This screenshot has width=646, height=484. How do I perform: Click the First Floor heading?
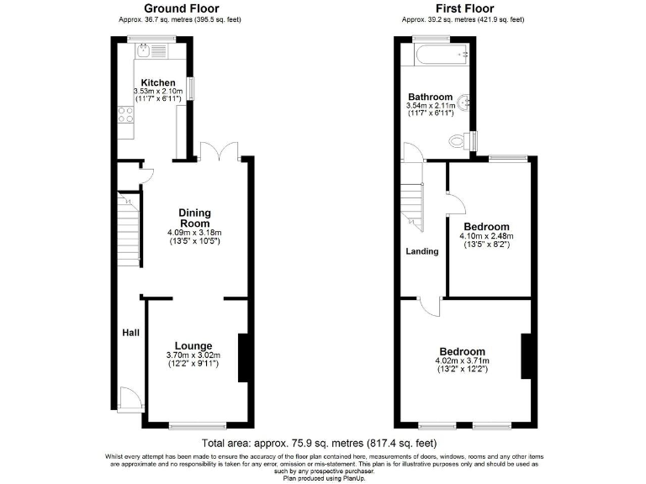pos(463,8)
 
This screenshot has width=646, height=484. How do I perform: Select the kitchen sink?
pos(145,52)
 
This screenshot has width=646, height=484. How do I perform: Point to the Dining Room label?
pos(194,218)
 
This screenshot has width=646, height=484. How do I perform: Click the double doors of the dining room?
pos(220,151)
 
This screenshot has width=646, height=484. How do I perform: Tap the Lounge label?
pos(193,345)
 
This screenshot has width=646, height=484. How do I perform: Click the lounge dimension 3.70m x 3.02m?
pos(193,355)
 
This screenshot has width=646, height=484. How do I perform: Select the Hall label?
pos(130,334)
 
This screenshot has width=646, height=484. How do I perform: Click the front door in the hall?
pos(129,398)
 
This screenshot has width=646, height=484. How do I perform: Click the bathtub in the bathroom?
pos(435,55)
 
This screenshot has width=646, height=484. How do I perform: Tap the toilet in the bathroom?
pos(459,139)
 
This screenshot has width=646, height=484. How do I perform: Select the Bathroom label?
pos(430,97)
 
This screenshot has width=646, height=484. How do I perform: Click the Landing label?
pos(422,251)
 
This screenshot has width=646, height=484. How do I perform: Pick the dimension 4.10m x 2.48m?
pos(485,237)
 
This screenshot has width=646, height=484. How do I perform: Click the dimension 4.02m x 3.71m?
pos(462,361)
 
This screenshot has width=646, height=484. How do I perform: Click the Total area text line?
pos(319,443)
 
